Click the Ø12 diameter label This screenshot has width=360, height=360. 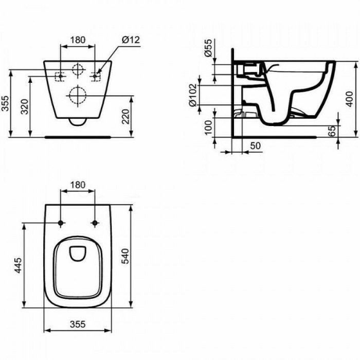(131, 40)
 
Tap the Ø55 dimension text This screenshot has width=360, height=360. (208, 48)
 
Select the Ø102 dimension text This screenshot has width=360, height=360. (193, 95)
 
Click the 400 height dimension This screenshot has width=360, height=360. (349, 99)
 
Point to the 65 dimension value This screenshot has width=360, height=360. (332, 131)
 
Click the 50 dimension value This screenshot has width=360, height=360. (255, 146)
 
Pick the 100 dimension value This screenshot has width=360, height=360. (208, 128)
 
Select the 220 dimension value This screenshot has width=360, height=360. (125, 116)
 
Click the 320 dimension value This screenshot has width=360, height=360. (25, 106)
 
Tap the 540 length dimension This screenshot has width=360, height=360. (125, 256)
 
